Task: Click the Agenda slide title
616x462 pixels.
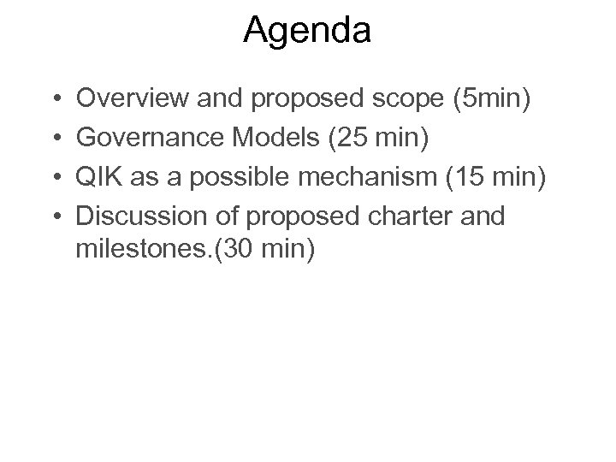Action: (307, 31)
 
